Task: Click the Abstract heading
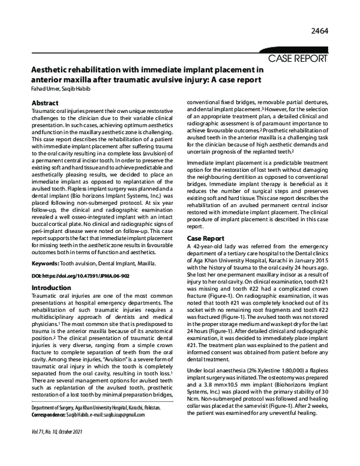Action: (x=44, y=103)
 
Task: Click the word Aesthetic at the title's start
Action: (x=52, y=70)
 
